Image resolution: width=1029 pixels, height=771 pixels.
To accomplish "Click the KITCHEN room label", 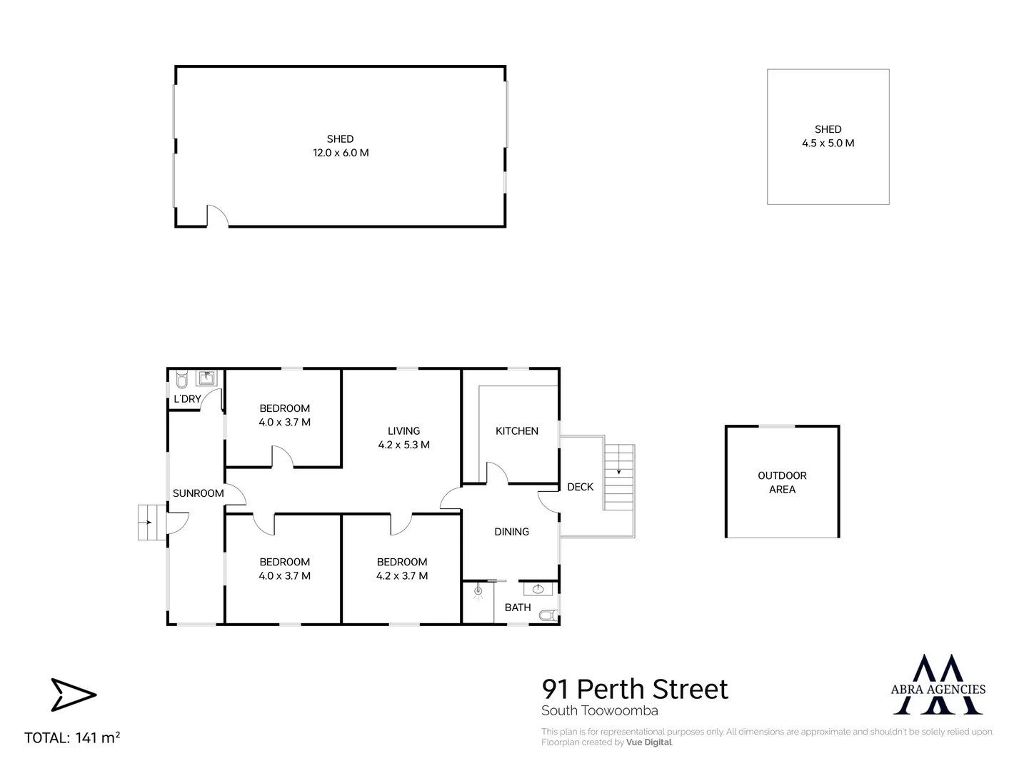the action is pos(516,430).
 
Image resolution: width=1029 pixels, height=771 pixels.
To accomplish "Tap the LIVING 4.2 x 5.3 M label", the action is pos(403,438).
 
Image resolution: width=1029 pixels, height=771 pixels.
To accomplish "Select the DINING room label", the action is pos(511,532).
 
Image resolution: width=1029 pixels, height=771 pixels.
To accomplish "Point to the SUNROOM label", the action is pos(199,493).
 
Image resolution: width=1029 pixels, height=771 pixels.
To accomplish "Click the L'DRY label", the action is pos(187,399).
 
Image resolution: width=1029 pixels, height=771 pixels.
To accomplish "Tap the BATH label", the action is pos(518,608).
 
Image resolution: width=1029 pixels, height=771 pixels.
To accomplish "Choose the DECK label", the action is pos(581,487).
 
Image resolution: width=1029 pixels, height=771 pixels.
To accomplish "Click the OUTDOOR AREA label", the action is pos(782,483).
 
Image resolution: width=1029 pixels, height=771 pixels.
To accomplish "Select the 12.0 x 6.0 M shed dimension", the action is pos(341,153).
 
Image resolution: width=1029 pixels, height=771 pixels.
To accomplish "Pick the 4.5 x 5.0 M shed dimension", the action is pos(828,143).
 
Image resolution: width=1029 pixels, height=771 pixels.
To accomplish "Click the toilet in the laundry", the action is pos(182,380).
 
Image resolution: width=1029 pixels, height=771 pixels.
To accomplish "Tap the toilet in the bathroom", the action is pos(548,615).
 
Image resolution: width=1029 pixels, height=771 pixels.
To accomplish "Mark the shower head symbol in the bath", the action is pos(478,592).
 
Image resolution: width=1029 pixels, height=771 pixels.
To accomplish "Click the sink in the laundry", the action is pos(206,378).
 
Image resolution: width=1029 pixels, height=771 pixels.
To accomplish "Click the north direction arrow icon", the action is pos(74,695).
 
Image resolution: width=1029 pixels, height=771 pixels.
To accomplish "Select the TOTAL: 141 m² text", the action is pos(72,737).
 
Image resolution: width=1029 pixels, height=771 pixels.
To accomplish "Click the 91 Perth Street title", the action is pos(635,689).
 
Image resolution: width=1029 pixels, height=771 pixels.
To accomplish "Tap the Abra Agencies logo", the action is pos(938,685).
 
